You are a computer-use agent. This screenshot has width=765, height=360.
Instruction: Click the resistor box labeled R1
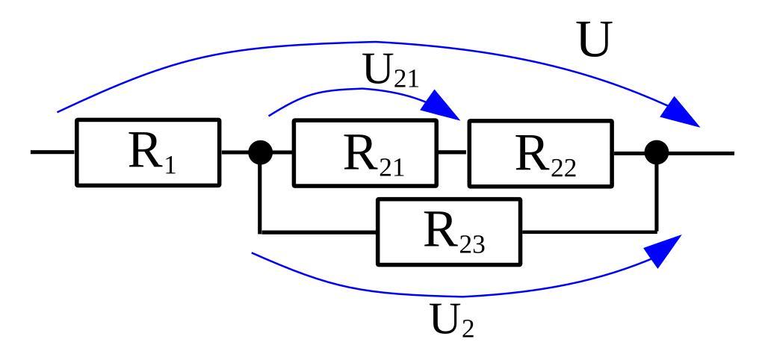pos(148,152)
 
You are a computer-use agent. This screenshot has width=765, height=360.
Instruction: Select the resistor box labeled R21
pos(365,152)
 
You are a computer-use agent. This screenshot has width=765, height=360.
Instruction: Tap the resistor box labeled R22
pos(539,152)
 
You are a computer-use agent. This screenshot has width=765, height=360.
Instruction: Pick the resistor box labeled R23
pos(449,232)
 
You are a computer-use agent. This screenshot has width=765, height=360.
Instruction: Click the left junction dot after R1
pos(260,152)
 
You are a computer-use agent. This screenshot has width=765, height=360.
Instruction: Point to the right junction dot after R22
pos(657,152)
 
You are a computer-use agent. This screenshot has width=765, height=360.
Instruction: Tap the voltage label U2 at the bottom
pos(452,320)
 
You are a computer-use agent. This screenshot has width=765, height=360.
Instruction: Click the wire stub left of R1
pos(52,152)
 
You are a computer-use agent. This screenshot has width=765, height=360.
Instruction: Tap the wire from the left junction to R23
pos(314,232)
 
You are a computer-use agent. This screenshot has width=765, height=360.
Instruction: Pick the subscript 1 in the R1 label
pos(170,164)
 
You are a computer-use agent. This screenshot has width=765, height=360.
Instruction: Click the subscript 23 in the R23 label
pos(471,243)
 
